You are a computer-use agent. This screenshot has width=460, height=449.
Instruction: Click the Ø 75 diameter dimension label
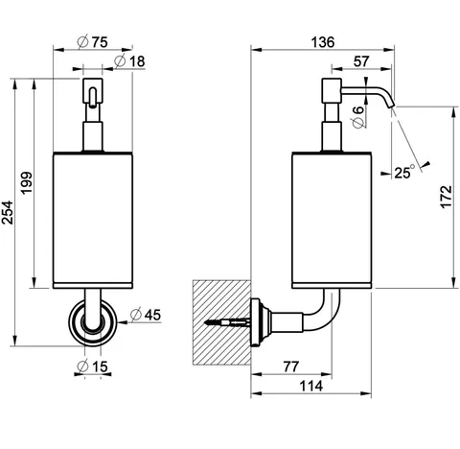[x=93, y=42]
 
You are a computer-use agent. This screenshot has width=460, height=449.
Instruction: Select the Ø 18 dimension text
[x=129, y=61]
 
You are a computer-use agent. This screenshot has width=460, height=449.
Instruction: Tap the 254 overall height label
[x=8, y=212]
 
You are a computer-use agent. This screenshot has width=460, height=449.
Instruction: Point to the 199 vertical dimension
[x=27, y=182]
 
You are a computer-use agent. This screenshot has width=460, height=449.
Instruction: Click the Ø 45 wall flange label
[x=146, y=315]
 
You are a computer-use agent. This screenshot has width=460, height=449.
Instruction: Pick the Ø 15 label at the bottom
[x=93, y=366]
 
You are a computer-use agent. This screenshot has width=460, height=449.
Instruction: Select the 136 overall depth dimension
[x=323, y=42]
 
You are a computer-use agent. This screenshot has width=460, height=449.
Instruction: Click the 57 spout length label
[x=361, y=61]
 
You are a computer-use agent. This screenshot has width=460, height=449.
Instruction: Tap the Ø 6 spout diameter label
[x=358, y=117]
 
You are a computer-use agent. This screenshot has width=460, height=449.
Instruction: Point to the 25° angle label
[x=404, y=172]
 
